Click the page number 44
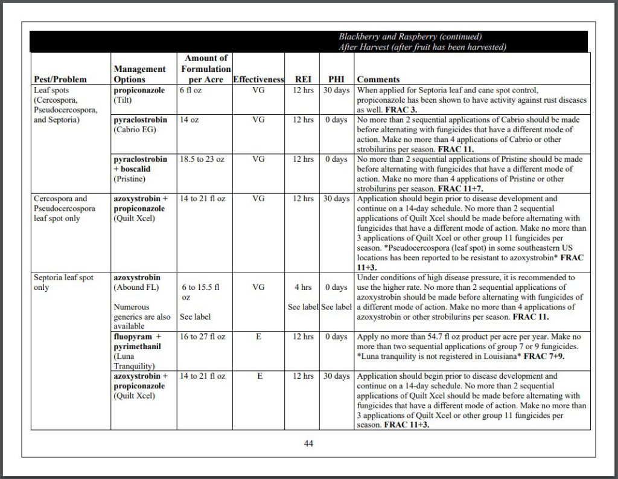pos(308,443)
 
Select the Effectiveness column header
pos(258,80)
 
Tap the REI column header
pos(303,80)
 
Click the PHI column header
pos(336,80)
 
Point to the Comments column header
pos(378,80)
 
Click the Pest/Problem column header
pos(60,80)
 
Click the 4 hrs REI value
pos(303,287)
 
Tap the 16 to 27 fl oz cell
pos(202,336)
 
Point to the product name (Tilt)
pos(124,100)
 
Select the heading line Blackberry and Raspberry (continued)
pos(410,37)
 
